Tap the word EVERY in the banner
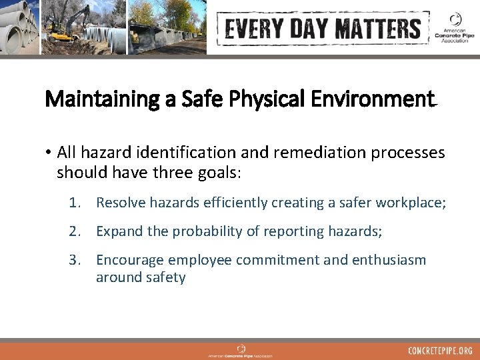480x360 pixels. (x=253, y=29)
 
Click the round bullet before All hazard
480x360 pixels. (x=49, y=153)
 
